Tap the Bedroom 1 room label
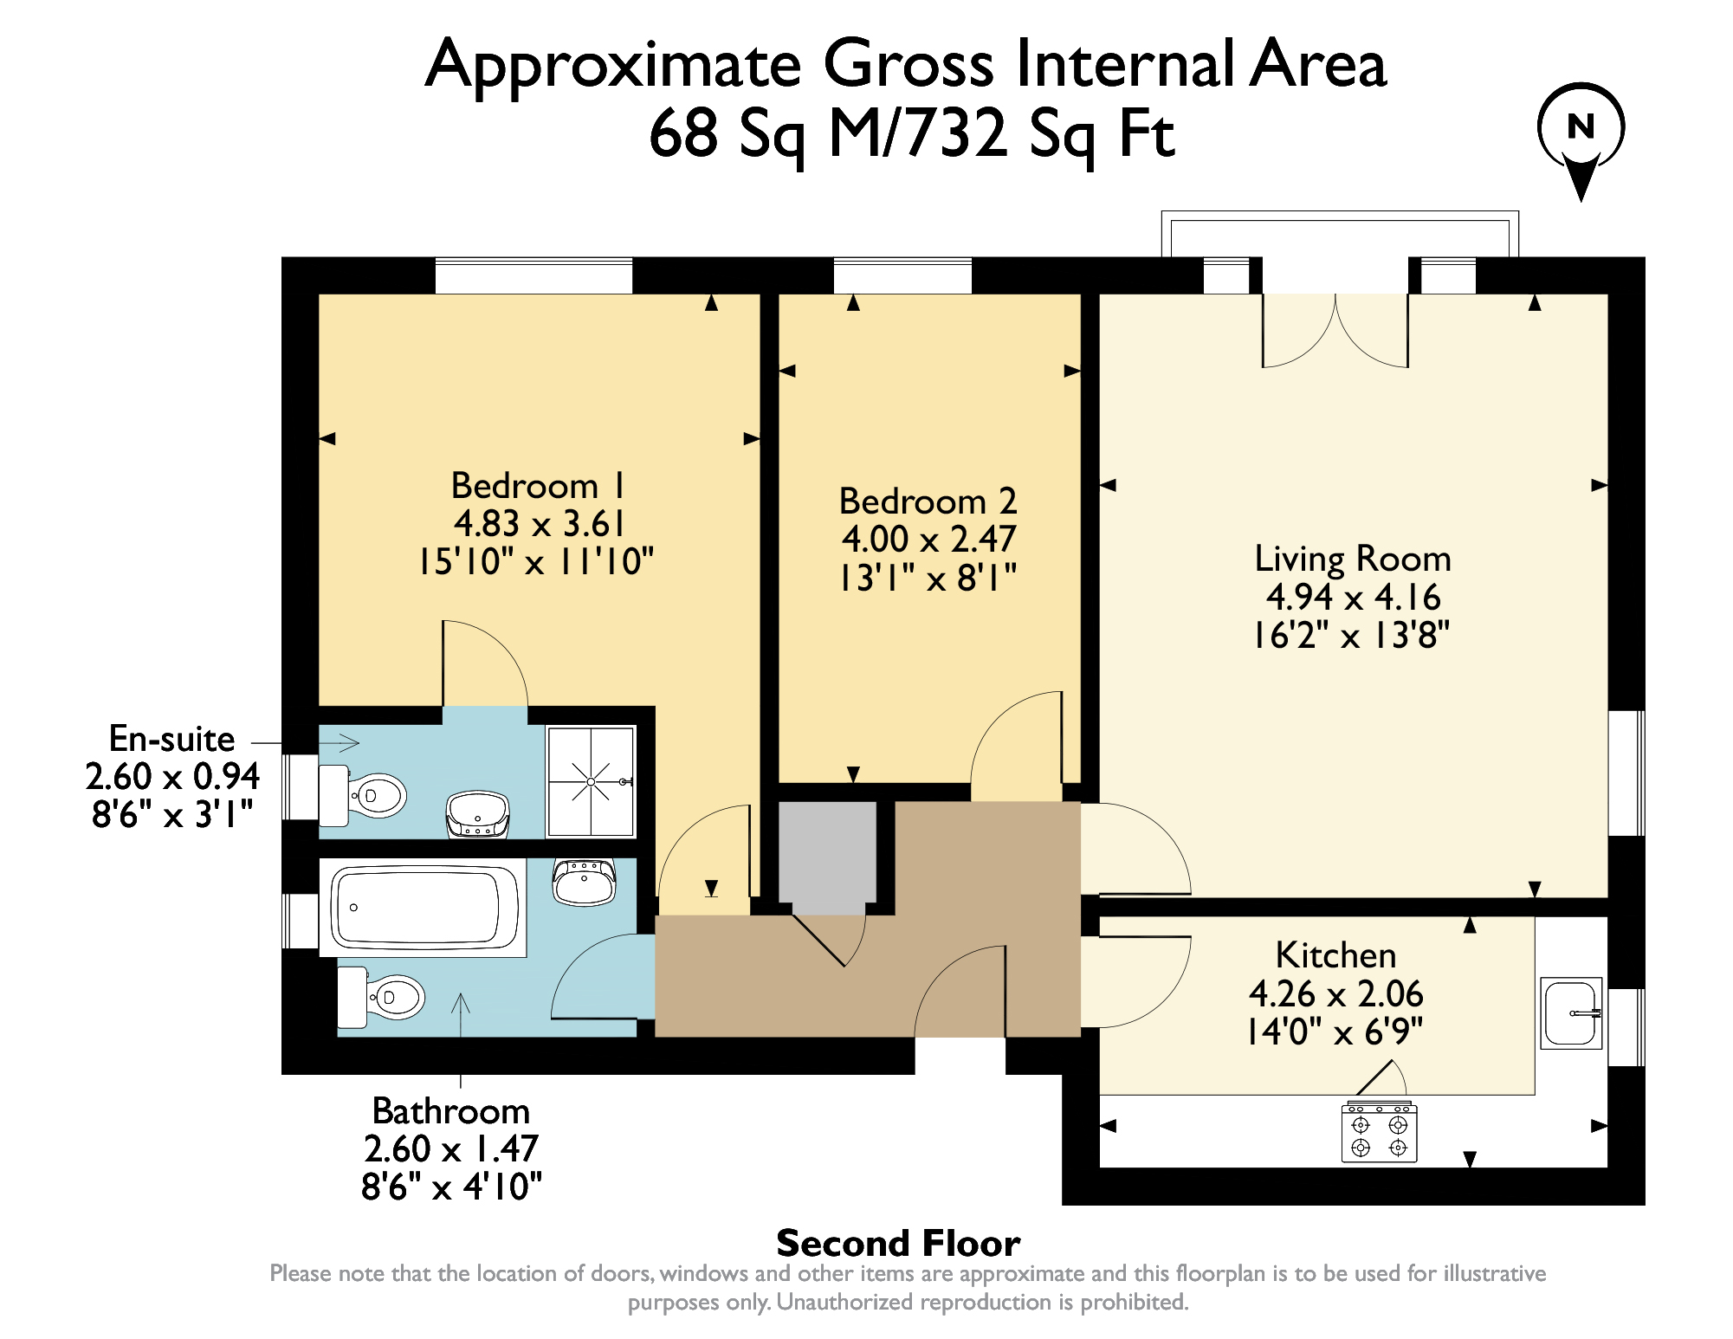pyautogui.click(x=537, y=486)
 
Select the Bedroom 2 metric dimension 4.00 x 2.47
pyautogui.click(x=928, y=540)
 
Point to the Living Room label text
pyautogui.click(x=1352, y=559)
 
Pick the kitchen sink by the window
pyautogui.click(x=1571, y=1012)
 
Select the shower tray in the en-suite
pyautogui.click(x=592, y=781)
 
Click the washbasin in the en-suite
pyautogui.click(x=477, y=813)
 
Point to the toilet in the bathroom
pyautogui.click(x=385, y=997)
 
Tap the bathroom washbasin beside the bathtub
pyautogui.click(x=585, y=882)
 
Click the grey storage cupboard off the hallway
pyautogui.click(x=827, y=853)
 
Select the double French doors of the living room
pyautogui.click(x=1335, y=329)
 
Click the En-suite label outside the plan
pyautogui.click(x=171, y=739)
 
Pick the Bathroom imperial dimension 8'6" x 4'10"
pyautogui.click(x=451, y=1187)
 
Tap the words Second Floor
pyautogui.click(x=898, y=1244)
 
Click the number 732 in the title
pyautogui.click(x=955, y=134)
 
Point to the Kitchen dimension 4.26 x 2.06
pyautogui.click(x=1335, y=993)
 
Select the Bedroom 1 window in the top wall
pyautogui.click(x=533, y=276)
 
